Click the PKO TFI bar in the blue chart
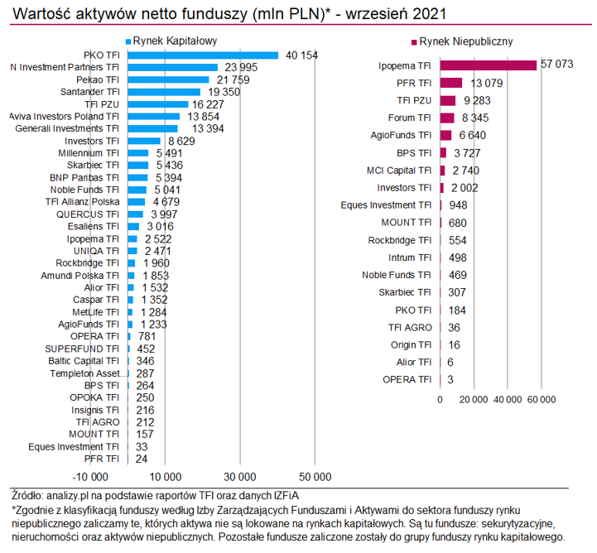coord(204,55)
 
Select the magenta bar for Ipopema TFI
coord(489,65)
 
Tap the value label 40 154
coord(302,55)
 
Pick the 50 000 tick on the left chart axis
coord(314,477)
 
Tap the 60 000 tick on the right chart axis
coord(541,400)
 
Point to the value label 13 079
coord(487,82)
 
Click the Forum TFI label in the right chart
coord(412,118)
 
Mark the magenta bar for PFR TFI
coord(451,82)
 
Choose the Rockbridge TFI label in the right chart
coord(400,240)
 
